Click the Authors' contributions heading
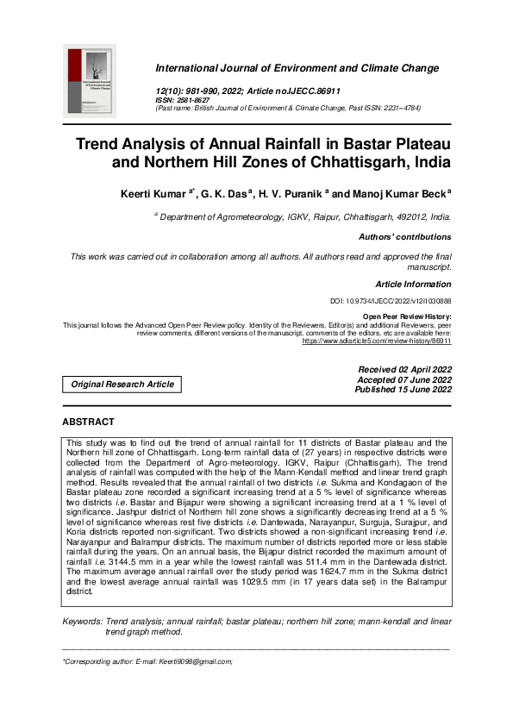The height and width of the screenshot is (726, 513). coord(404,237)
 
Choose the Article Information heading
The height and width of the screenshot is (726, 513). coord(413,284)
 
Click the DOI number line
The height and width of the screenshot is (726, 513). coord(391,301)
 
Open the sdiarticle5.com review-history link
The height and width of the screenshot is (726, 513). coord(376,341)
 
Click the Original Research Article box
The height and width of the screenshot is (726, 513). coord(122,385)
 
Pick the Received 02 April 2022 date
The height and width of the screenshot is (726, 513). coord(404,370)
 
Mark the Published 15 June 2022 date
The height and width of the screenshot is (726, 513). coord(403,390)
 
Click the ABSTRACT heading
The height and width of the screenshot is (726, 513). coord(88,422)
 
